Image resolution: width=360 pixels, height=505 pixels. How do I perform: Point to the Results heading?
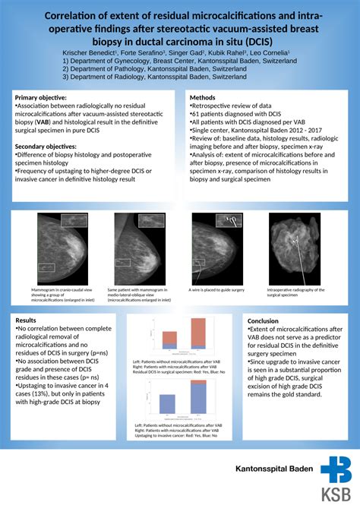point(27,320)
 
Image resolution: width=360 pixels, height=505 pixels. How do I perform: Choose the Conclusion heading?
point(264,320)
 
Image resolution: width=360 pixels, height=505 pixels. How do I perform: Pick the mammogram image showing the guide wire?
point(216,248)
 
